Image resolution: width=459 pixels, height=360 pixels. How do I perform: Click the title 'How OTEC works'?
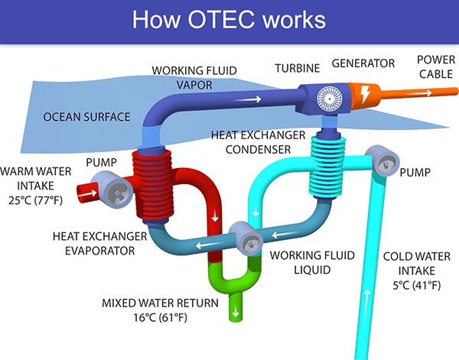[x=229, y=20]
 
